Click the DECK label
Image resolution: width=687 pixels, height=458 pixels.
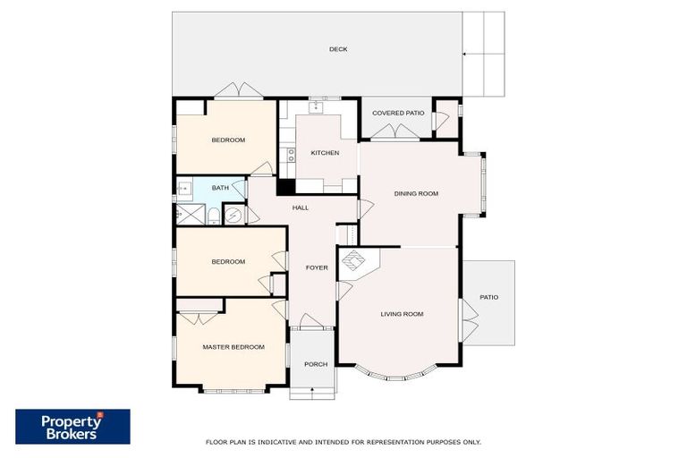[337, 49]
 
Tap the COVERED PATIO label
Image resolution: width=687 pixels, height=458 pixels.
[398, 113]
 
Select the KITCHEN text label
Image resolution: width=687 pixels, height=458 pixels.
[325, 153]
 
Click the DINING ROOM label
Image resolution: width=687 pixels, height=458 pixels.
[416, 193]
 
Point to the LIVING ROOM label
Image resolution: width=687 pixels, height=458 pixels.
[402, 314]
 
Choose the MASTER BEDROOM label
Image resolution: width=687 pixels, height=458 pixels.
[233, 347]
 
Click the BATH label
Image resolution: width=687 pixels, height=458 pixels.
[220, 188]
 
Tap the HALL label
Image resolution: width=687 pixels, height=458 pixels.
[301, 208]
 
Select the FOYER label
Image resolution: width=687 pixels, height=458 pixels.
[317, 267]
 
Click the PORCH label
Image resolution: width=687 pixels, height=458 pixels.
[316, 364]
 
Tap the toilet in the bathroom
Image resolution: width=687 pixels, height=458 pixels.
[214, 216]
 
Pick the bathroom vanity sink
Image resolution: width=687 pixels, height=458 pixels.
[184, 188]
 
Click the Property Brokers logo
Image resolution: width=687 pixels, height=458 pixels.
[72, 427]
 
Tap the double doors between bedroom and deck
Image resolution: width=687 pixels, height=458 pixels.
[239, 90]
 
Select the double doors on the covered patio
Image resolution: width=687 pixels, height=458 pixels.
[395, 132]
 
